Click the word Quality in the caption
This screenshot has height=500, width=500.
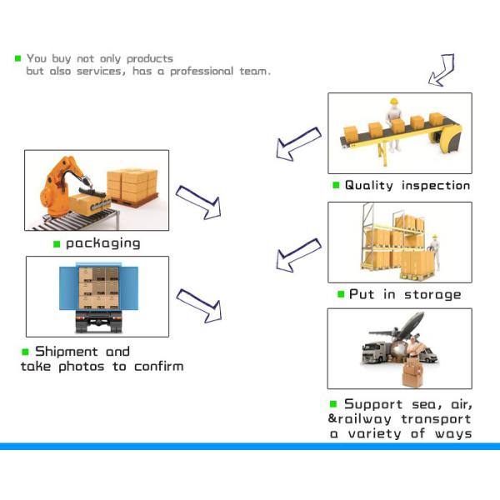click(x=369, y=186)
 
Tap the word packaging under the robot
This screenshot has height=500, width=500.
click(x=103, y=243)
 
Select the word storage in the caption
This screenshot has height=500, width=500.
click(x=432, y=295)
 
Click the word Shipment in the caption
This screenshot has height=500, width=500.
click(x=67, y=352)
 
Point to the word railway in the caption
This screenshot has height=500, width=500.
click(x=364, y=419)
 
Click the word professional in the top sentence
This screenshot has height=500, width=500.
click(x=202, y=72)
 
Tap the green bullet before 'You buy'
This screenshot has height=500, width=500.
click(x=17, y=58)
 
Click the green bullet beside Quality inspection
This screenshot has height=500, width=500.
click(x=336, y=185)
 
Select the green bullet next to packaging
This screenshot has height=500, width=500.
click(x=57, y=244)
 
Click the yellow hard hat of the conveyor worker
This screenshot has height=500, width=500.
click(x=394, y=102)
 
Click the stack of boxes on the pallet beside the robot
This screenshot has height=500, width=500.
click(x=132, y=186)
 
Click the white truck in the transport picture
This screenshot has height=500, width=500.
click(x=374, y=352)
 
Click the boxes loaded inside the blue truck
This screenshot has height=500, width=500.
click(x=99, y=288)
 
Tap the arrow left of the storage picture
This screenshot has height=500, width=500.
click(x=298, y=255)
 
